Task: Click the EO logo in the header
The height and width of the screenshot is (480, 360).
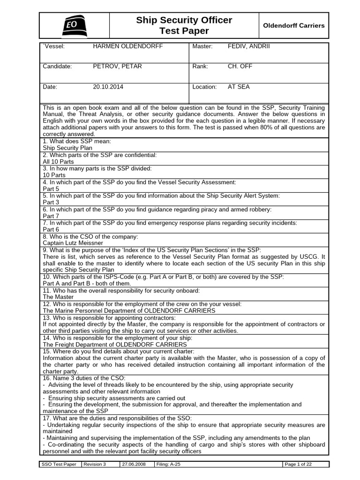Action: coord(74,25)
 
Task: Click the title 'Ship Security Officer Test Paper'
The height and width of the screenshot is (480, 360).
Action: coord(184,25)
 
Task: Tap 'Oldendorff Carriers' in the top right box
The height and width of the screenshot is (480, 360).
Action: coord(293,25)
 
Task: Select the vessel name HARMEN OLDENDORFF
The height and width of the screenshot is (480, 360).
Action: coord(123,46)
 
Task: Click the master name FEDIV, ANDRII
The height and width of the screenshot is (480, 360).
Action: coord(248,46)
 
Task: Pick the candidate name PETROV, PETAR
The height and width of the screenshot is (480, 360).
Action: coord(117,66)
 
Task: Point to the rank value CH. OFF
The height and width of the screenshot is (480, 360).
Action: coord(240,66)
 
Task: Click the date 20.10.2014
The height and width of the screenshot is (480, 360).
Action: coord(108,87)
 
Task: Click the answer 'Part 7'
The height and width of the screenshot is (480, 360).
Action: coord(51,216)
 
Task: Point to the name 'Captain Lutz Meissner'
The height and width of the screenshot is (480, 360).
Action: coord(73,243)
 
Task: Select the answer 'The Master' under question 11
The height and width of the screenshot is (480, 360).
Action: coord(58,297)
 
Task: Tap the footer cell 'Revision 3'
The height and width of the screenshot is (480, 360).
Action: coord(95,464)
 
